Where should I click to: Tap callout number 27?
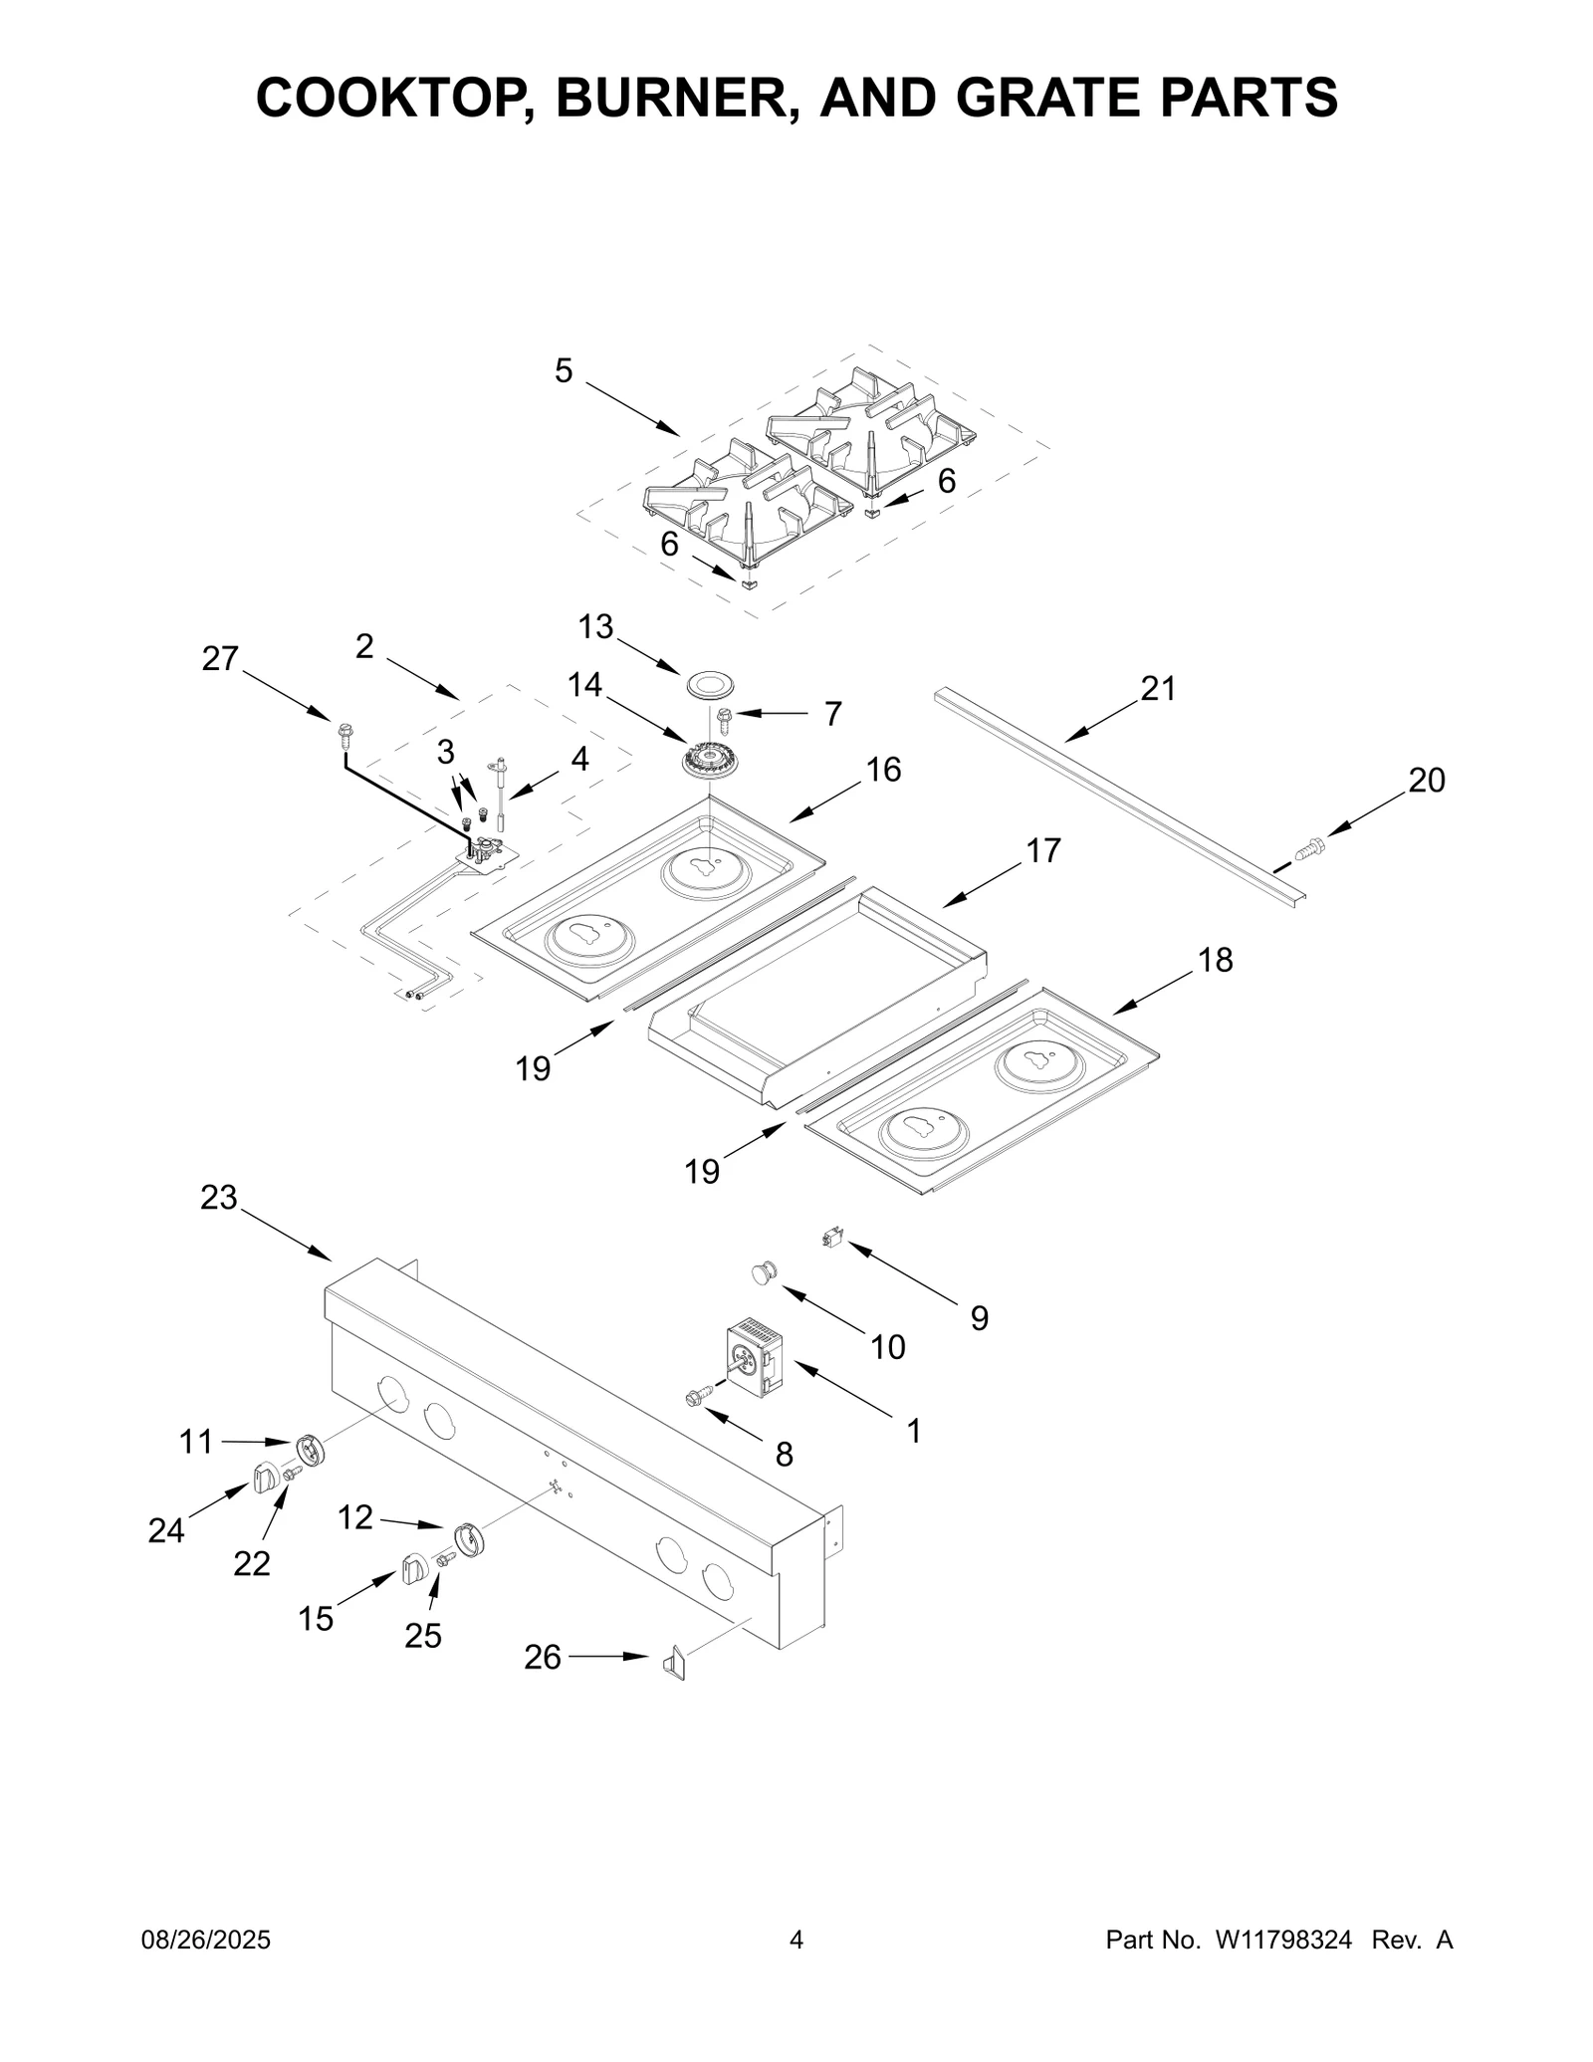(x=220, y=658)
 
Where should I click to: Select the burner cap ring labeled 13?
(x=709, y=685)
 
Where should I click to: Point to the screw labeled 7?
(x=724, y=714)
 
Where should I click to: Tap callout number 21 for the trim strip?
(x=1158, y=688)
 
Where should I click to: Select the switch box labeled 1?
(x=760, y=1356)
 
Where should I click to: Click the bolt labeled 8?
(x=699, y=1396)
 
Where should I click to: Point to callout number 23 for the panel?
(x=218, y=1197)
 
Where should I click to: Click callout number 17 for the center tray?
(x=1042, y=850)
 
